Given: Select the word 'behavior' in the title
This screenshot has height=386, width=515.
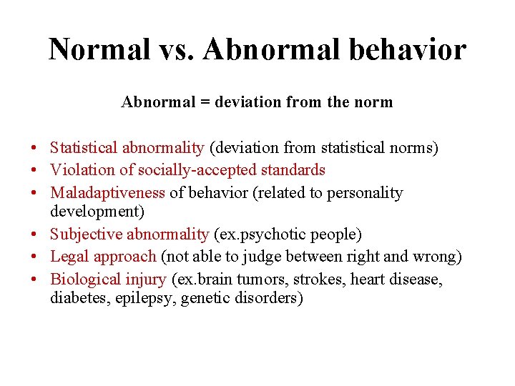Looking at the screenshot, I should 406,50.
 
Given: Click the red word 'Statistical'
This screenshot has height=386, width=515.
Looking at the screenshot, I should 84,148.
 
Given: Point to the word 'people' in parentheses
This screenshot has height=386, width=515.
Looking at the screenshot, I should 336,234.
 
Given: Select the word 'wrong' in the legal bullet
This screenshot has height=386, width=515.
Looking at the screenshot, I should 437,256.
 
